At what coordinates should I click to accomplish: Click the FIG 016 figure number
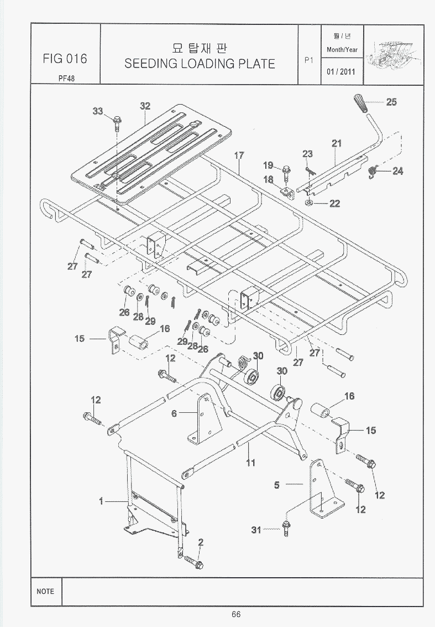65,59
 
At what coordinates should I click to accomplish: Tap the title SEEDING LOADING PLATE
200,63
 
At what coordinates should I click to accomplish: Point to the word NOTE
45,591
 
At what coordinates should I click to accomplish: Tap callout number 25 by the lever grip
391,102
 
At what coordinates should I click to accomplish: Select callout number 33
98,111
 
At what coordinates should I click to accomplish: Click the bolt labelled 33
117,121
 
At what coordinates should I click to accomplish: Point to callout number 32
145,106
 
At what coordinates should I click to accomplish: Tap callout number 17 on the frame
239,156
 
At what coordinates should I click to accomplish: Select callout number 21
337,143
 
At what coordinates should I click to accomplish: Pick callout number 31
256,530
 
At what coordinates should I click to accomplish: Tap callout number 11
251,463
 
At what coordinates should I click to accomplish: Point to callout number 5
277,485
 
